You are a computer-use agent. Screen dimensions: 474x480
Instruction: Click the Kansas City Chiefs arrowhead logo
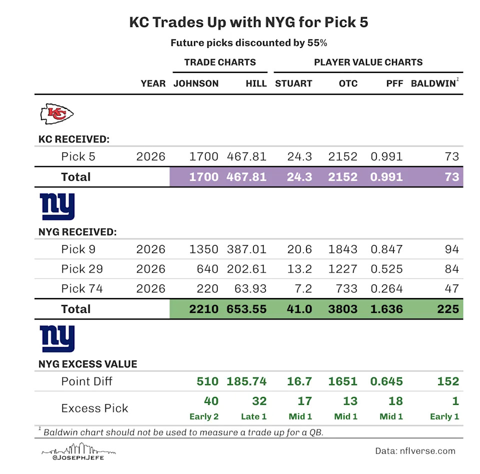point(56,114)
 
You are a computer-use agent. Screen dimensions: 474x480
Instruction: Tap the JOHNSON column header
point(196,83)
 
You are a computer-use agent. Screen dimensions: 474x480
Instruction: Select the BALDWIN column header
point(433,83)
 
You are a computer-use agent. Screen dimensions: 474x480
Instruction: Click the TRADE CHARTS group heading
point(220,62)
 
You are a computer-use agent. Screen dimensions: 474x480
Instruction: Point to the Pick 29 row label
point(82,269)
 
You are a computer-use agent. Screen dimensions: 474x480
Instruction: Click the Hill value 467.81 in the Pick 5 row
point(246,156)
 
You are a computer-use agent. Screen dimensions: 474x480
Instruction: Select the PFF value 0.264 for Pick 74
point(386,289)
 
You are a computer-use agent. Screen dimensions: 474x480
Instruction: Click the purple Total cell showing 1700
point(203,177)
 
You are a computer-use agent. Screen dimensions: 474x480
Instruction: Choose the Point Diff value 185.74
point(246,381)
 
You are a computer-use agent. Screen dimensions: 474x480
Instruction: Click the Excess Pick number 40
point(211,401)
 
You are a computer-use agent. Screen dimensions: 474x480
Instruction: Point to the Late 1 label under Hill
point(250,416)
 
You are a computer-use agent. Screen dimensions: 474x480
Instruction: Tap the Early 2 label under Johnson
point(204,416)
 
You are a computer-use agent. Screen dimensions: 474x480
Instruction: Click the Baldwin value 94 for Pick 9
point(451,249)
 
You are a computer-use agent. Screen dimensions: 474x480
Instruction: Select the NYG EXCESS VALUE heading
point(88,364)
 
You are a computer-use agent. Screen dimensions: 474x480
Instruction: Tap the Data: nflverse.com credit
point(415,451)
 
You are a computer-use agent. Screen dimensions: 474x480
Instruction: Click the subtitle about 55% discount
point(249,43)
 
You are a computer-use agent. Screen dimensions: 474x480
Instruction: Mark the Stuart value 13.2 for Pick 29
point(299,269)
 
